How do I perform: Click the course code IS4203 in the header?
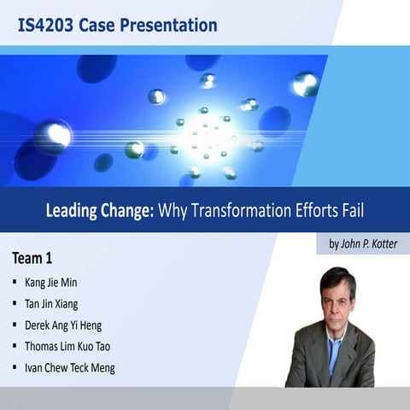click(44, 26)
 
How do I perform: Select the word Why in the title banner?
click(172, 209)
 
